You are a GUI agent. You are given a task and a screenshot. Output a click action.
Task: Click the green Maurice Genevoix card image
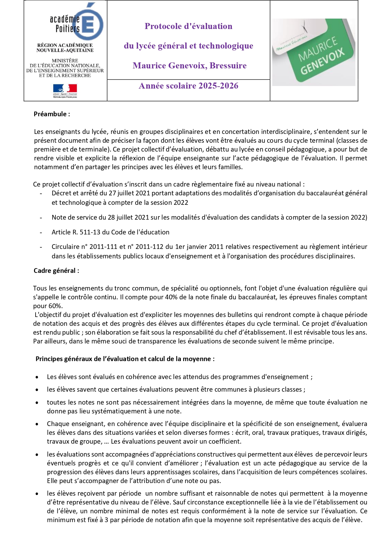point(314,52)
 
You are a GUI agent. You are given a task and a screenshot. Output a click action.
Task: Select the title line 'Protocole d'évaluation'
point(188,26)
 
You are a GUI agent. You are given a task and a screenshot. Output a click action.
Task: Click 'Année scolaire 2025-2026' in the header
point(188,86)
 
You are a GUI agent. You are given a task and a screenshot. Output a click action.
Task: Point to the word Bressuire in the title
point(228,66)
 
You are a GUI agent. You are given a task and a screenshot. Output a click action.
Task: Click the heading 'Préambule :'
point(52,114)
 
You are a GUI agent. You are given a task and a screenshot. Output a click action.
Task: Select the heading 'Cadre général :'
point(56,271)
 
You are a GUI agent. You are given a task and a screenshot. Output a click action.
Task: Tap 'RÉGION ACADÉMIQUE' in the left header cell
point(65,45)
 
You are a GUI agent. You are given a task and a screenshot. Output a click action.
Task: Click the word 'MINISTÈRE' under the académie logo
point(65,60)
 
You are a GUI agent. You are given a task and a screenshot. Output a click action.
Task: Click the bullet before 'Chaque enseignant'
point(37,424)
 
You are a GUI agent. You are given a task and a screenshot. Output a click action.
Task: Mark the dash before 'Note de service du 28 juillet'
point(41,218)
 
